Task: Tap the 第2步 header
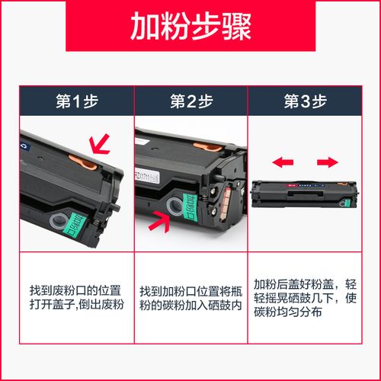pyautogui.click(x=190, y=101)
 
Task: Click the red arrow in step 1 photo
pyautogui.click(x=98, y=142)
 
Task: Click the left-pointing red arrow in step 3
pyautogui.click(x=283, y=162)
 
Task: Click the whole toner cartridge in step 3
pyautogui.click(x=305, y=190)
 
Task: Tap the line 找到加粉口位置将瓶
pyautogui.click(x=190, y=291)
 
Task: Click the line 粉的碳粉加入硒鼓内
pyautogui.click(x=190, y=305)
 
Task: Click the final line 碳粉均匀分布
pyautogui.click(x=290, y=312)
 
